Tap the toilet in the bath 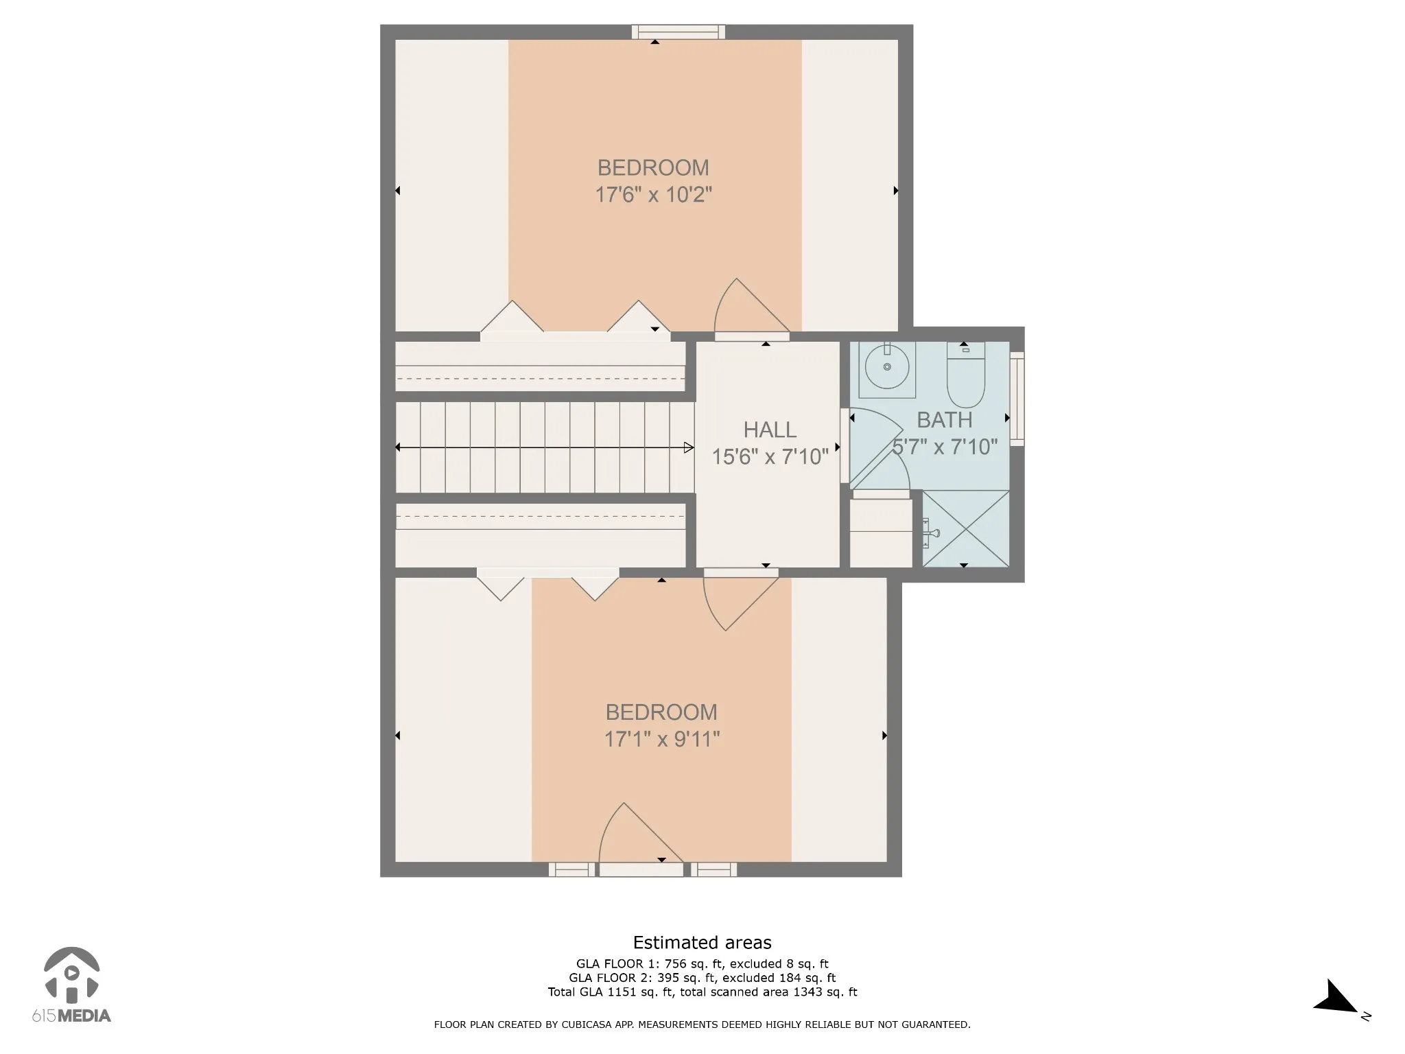point(966,375)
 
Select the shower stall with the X point(966,528)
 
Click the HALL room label point(770,430)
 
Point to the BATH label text point(945,419)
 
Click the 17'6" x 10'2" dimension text point(653,195)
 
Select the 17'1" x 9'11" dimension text point(661,739)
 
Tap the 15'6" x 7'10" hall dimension point(770,456)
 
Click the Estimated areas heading point(702,942)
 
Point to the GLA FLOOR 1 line point(702,963)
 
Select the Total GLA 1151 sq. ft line point(702,992)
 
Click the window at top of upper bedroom point(678,32)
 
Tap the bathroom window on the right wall point(1017,399)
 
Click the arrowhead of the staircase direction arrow point(689,447)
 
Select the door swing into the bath point(880,449)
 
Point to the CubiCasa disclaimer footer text point(702,1024)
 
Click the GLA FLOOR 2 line point(702,978)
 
